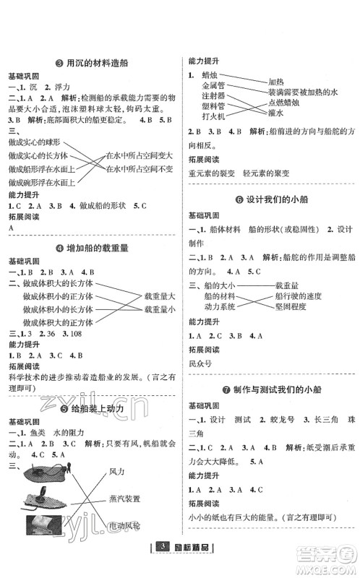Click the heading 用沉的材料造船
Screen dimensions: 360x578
pos(95,63)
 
